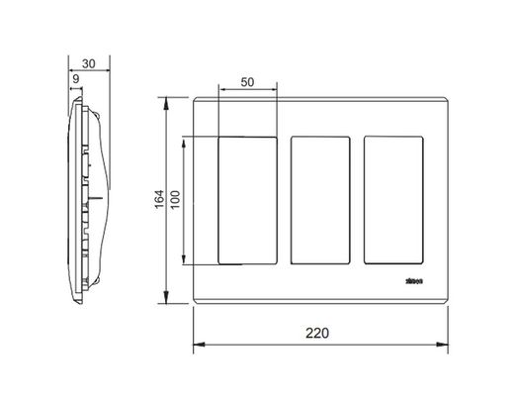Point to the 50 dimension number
tap(248, 83)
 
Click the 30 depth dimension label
tap(89, 62)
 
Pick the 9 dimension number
tap(75, 78)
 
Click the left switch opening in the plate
tap(247, 200)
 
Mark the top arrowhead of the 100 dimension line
tap(185, 141)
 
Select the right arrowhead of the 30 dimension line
tap(106, 71)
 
